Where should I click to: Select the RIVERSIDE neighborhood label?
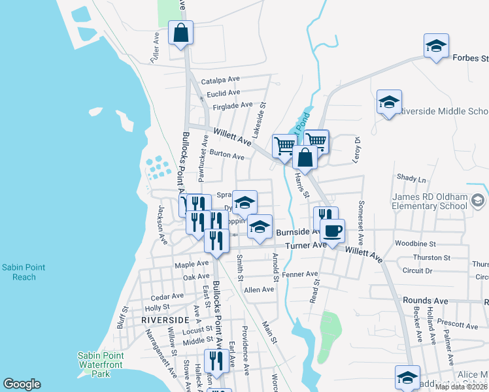(165, 319)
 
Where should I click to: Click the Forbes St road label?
(470, 57)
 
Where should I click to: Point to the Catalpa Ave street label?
(221, 81)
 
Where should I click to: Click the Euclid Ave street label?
(224, 93)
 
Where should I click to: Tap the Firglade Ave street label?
(233, 105)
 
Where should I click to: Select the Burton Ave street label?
(228, 157)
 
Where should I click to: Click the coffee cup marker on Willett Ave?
(332, 229)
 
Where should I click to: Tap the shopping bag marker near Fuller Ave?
(180, 31)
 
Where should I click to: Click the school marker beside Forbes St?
(436, 45)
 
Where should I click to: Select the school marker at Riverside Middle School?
(389, 101)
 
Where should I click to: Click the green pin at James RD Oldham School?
(479, 201)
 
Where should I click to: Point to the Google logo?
(22, 384)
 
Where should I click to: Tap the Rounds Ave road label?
(426, 301)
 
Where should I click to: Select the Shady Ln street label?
(411, 178)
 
